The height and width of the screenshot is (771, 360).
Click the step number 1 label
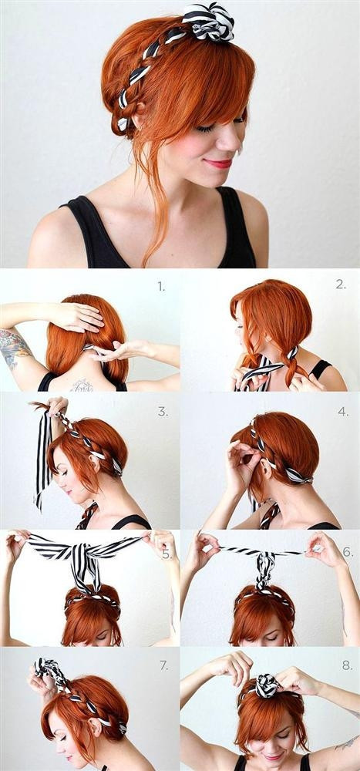[161, 287]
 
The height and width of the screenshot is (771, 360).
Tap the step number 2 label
[341, 284]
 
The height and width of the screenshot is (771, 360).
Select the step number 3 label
[163, 412]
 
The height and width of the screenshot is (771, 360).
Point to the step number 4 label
[343, 411]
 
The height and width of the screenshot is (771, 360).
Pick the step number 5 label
[167, 554]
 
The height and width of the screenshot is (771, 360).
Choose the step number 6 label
[347, 552]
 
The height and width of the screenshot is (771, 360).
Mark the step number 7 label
[163, 665]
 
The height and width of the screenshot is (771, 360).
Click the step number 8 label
[347, 665]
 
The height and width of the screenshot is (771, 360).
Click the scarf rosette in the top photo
[208, 22]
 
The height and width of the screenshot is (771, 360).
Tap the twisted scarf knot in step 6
[265, 571]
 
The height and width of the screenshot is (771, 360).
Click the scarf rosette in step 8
[267, 685]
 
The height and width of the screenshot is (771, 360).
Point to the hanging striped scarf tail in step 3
[43, 457]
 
